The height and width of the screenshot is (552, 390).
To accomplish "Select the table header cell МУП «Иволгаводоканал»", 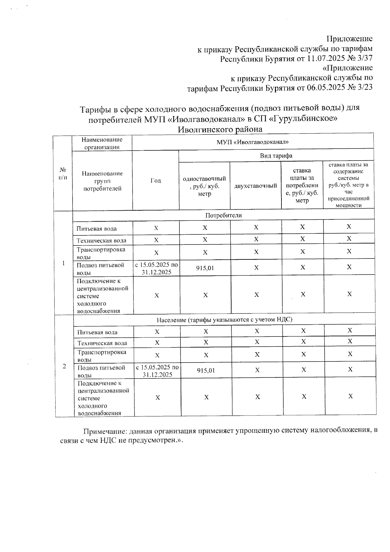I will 253,142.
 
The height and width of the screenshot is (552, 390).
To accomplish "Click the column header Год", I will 156,181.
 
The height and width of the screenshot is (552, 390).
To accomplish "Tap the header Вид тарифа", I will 276,156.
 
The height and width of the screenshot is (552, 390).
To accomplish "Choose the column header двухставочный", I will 255,186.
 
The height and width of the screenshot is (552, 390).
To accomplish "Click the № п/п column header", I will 63,174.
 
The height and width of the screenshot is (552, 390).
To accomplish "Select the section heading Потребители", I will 223,215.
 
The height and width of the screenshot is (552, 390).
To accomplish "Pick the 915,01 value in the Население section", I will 206,370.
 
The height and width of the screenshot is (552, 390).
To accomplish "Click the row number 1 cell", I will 64,263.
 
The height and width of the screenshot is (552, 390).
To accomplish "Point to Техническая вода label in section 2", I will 102,343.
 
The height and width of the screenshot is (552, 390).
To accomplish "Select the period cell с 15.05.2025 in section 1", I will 157,268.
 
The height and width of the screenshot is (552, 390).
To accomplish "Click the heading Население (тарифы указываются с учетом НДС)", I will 225,320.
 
